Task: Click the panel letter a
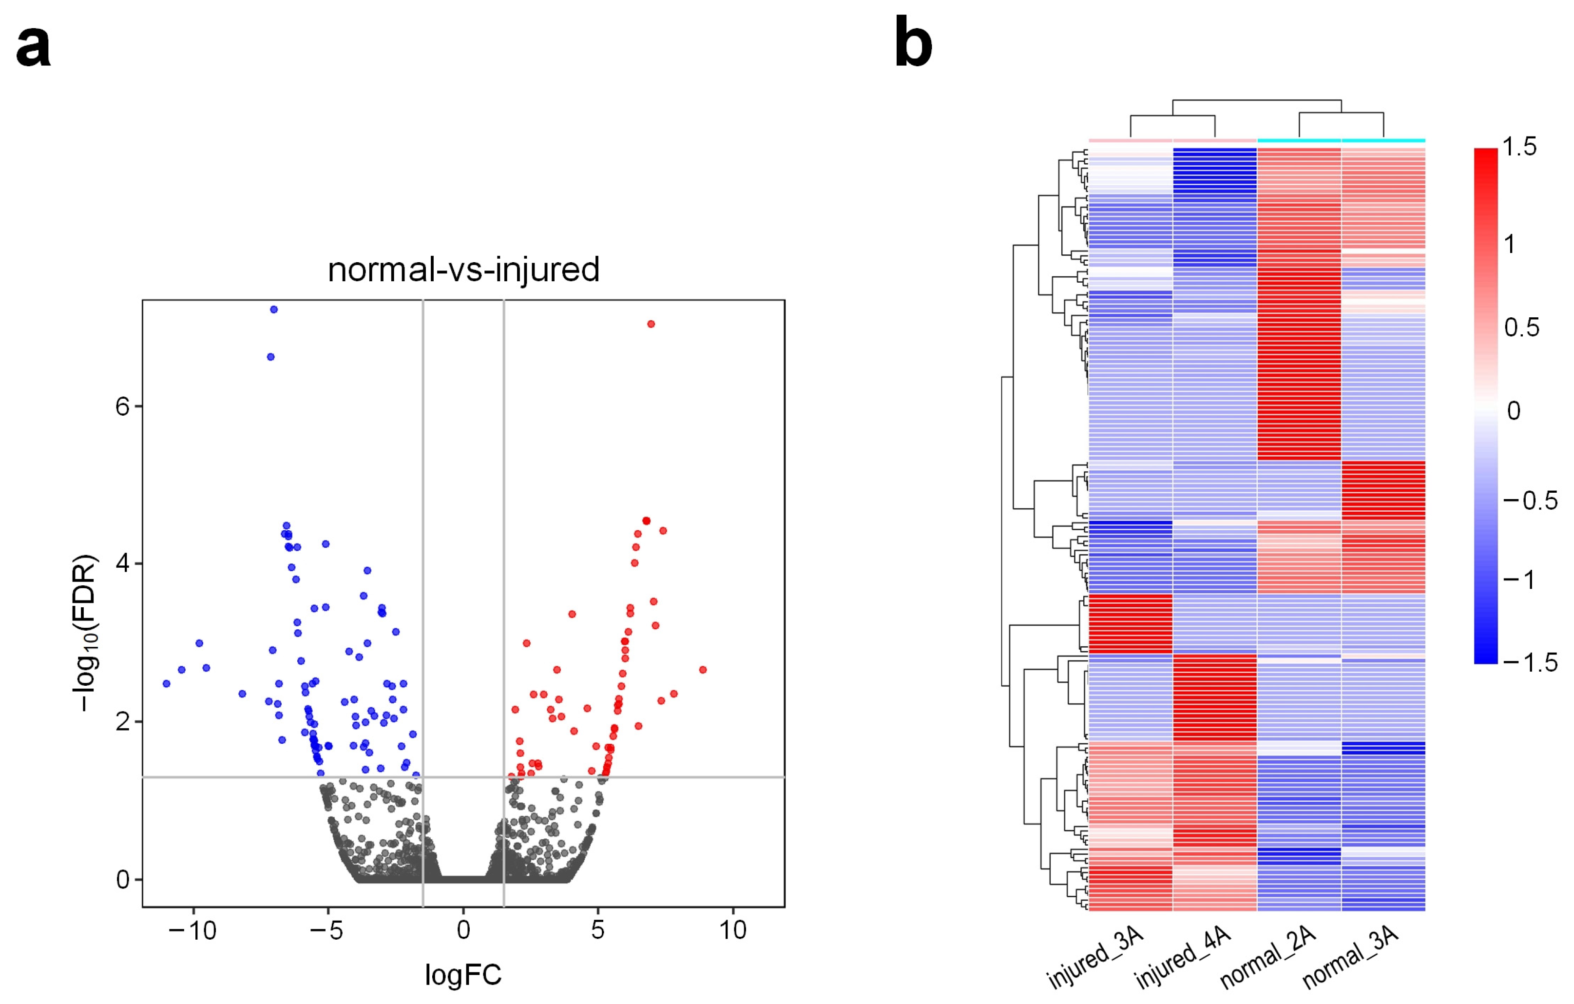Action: pos(33,47)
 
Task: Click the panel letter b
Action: pos(913,44)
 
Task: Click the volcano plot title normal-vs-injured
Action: pos(463,270)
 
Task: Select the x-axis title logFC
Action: pos(463,975)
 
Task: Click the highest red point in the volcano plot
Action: pos(651,324)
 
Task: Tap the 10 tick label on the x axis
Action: pos(733,930)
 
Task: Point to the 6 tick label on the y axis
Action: pos(122,406)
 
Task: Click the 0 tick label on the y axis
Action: pos(122,880)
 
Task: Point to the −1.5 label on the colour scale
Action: pos(1530,663)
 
